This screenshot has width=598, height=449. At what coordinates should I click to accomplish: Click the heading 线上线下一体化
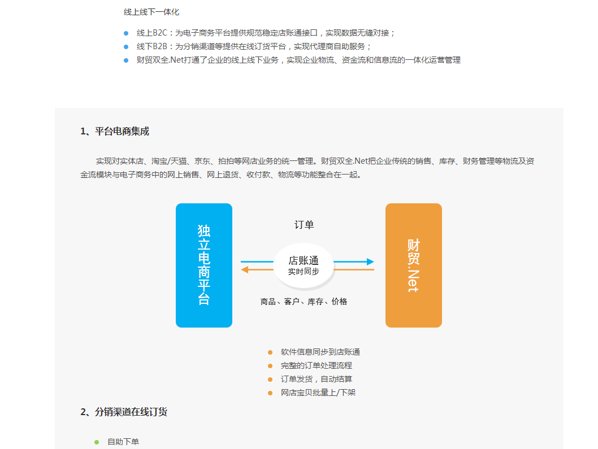[151, 12]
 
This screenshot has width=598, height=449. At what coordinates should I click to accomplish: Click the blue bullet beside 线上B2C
[126, 33]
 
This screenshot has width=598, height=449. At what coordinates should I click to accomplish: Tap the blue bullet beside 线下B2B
[126, 47]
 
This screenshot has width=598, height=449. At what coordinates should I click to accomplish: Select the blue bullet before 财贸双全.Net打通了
[126, 60]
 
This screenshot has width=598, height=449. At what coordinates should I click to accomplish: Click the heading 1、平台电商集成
[115, 132]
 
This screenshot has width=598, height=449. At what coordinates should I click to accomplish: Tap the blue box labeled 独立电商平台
[204, 265]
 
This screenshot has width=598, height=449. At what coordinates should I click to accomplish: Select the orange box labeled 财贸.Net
[414, 265]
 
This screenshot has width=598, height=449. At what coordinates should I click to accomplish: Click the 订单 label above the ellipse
[304, 225]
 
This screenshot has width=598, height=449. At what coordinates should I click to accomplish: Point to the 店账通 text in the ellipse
[304, 261]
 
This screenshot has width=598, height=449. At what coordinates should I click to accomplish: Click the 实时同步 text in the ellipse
[304, 272]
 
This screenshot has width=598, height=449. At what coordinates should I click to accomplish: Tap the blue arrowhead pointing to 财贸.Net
[370, 262]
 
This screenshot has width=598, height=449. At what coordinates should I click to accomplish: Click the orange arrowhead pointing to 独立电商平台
[245, 270]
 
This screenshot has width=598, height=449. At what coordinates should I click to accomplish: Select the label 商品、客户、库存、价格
[304, 302]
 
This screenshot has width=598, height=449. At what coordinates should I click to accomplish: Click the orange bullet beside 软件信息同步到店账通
[270, 352]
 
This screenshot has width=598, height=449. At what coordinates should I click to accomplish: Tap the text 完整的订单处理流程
[317, 366]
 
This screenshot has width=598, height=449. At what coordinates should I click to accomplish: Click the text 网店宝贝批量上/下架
[318, 393]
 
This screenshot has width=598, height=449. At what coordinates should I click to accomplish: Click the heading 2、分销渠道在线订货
[124, 412]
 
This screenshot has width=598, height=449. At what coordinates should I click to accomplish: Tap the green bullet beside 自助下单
[97, 442]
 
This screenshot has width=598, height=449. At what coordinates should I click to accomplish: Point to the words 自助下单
[123, 442]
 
